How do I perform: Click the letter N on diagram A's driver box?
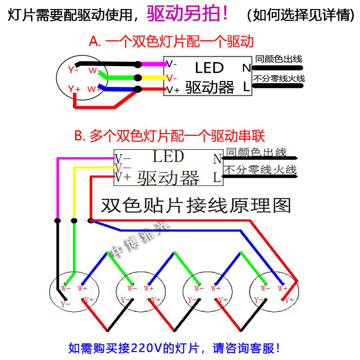click(x=246, y=68)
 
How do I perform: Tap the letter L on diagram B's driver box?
click(x=217, y=178)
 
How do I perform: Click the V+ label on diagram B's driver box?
click(x=122, y=177)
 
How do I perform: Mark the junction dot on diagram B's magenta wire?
click(x=57, y=220)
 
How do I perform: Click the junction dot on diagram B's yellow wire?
click(x=74, y=220)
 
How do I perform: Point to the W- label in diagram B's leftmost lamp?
click(x=65, y=288)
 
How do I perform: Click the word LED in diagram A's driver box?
click(x=209, y=68)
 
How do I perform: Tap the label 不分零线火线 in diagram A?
click(x=279, y=79)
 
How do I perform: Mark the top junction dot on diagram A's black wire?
click(x=138, y=64)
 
